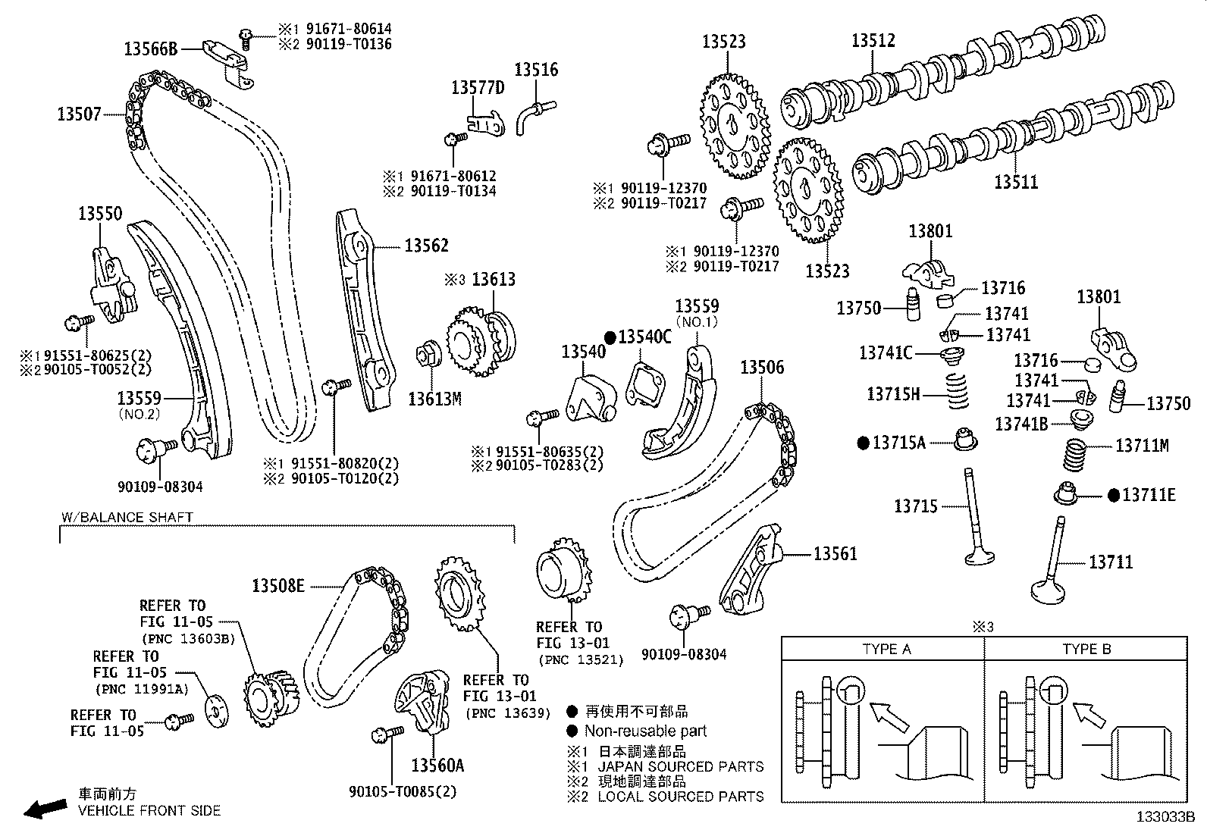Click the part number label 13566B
pyautogui.click(x=150, y=49)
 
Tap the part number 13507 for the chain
pyautogui.click(x=78, y=114)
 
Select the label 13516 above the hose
pyautogui.click(x=536, y=70)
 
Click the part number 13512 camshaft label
pyautogui.click(x=873, y=40)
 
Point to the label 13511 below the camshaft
pyautogui.click(x=1016, y=182)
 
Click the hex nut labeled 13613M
pyautogui.click(x=426, y=355)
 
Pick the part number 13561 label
pyautogui.click(x=835, y=554)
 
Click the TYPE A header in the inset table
pyautogui.click(x=886, y=649)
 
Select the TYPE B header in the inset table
pyautogui.click(x=1086, y=649)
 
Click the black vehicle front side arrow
pyautogui.click(x=45, y=809)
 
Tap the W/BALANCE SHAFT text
pyautogui.click(x=127, y=517)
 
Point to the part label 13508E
pyautogui.click(x=278, y=586)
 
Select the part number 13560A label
pyautogui.click(x=437, y=765)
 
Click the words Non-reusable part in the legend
pyautogui.click(x=645, y=731)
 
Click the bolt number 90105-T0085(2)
pyautogui.click(x=403, y=792)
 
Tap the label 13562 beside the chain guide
pyautogui.click(x=426, y=246)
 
